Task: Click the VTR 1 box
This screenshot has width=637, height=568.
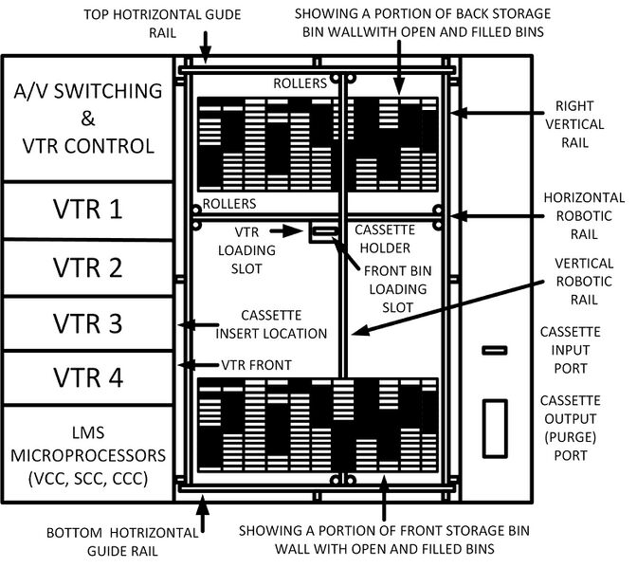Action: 91,209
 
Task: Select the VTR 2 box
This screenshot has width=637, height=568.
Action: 91,267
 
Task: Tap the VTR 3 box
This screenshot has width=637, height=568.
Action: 91,323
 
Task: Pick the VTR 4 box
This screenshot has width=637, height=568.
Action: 91,378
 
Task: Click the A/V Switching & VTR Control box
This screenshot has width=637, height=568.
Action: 91,119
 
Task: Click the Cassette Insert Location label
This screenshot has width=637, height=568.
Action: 270,323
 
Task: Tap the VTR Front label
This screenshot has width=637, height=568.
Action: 256,364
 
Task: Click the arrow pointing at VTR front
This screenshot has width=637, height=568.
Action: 202,364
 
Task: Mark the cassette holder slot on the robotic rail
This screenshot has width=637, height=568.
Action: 325,230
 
